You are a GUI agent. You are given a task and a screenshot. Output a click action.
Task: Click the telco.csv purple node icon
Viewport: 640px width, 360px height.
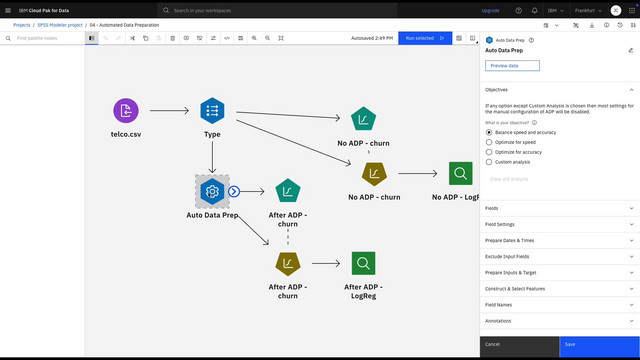pos(125,110)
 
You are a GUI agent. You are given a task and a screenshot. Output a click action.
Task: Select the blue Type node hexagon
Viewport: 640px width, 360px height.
pos(212,110)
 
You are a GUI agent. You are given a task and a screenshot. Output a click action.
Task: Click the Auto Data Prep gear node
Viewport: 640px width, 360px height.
pos(211,190)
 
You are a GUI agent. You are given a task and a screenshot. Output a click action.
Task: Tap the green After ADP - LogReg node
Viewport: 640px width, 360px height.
pos(363,264)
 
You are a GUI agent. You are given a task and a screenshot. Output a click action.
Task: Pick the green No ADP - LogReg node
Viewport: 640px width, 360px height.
pos(460,173)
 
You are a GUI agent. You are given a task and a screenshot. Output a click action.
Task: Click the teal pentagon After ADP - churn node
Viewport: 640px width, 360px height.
pos(287,190)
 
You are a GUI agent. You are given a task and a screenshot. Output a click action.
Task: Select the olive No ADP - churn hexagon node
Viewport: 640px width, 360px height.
pos(373,173)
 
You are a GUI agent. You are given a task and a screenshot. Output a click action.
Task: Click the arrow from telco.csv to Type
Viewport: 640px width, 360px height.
pos(168,110)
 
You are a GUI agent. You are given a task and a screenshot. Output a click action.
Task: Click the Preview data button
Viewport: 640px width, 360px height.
pos(512,65)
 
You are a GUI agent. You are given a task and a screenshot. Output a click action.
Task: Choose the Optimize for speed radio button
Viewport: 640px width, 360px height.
pos(489,142)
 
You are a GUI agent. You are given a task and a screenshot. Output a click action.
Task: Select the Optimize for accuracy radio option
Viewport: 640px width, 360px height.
pos(489,152)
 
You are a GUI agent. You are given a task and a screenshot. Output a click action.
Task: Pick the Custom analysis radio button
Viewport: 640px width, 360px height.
pos(489,162)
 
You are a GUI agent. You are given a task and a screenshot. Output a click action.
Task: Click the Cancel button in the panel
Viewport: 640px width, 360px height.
pos(519,344)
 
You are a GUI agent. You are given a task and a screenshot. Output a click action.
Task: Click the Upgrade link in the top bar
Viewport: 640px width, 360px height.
pos(490,10)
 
